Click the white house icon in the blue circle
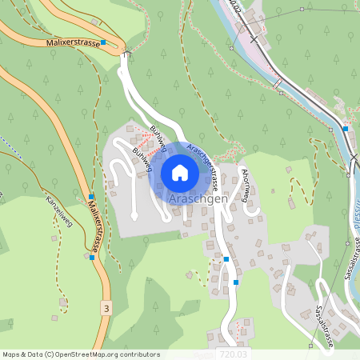[x=180, y=172]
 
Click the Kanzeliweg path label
[x=59, y=210]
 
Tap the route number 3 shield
[x=106, y=307]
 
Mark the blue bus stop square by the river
[x=346, y=128]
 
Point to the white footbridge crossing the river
[x=278, y=84]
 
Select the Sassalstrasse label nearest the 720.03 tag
[x=324, y=327]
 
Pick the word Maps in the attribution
[x=12, y=354]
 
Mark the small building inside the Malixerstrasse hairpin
[x=96, y=22]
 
